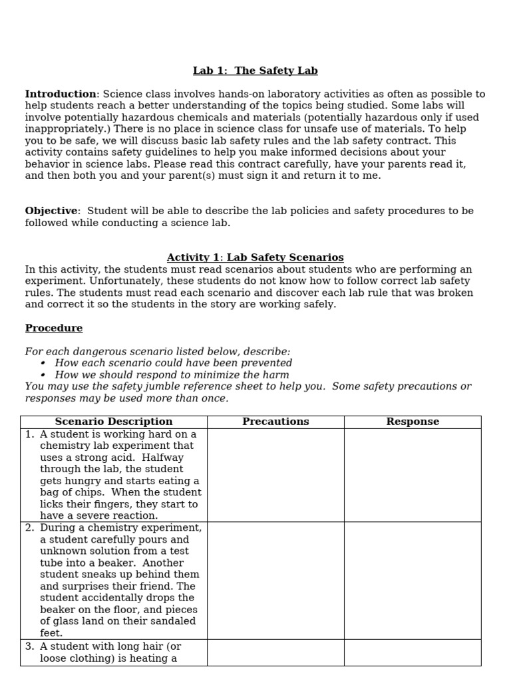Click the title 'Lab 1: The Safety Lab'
255,70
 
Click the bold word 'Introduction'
61,94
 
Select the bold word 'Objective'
51,211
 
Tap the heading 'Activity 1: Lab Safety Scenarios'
255,257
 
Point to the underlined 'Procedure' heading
54,328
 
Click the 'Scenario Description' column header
114,422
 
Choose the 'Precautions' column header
275,422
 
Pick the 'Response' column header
413,422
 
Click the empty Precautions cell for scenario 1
275,475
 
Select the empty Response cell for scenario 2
413,580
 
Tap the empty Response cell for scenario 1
413,475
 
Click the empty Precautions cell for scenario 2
275,580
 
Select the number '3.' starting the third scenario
30,646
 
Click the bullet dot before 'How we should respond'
43,375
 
